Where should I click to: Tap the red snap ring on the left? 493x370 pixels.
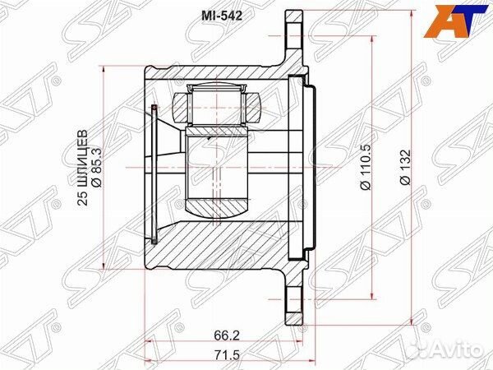[156, 173]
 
